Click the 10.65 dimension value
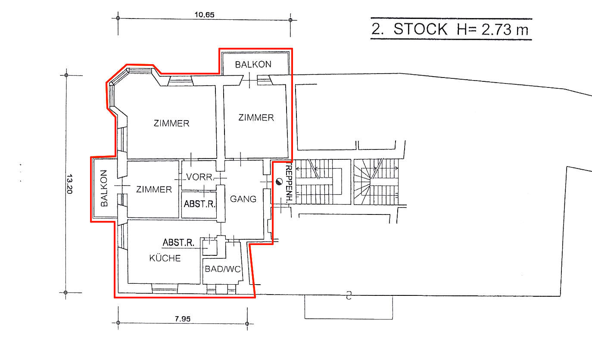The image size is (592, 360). tap(204, 15)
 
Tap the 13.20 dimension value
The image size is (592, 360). tap(69, 184)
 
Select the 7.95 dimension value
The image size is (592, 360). tap(183, 319)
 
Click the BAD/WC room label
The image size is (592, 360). tap(223, 269)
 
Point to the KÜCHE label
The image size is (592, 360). tap(165, 258)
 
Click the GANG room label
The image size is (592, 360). tap(243, 199)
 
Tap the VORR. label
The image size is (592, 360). tap(200, 177)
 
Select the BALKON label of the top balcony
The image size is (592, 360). tap(253, 65)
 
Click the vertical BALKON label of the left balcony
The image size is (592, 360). tap(104, 188)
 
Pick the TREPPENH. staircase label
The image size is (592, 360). tap(290, 184)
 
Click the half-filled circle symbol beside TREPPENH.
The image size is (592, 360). tap(279, 182)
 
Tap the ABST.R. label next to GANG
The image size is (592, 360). tap(199, 204)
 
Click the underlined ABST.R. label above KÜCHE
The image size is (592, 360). tap(178, 242)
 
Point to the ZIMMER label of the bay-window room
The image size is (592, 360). tap(171, 123)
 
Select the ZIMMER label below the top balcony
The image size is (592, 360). tap(256, 118)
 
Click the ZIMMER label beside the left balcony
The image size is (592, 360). tap(154, 189)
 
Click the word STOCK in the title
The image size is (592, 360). tap(420, 29)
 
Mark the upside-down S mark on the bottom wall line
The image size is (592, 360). tap(349, 295)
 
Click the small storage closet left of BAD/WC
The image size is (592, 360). tap(210, 247)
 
